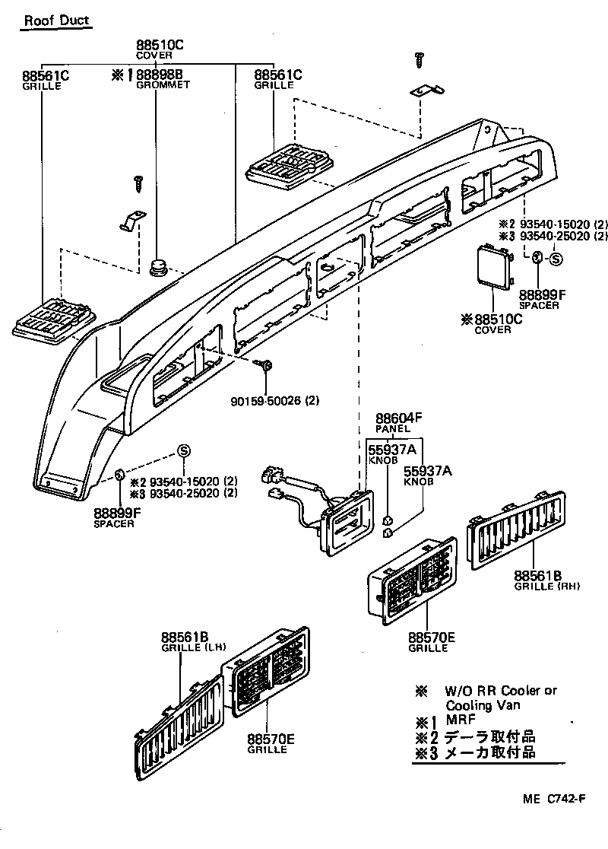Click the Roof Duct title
tap(56, 21)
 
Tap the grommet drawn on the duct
tap(159, 267)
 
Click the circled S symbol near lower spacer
tap(183, 450)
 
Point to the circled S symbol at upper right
tap(555, 259)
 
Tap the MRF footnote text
tap(459, 720)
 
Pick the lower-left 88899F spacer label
tap(118, 514)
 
